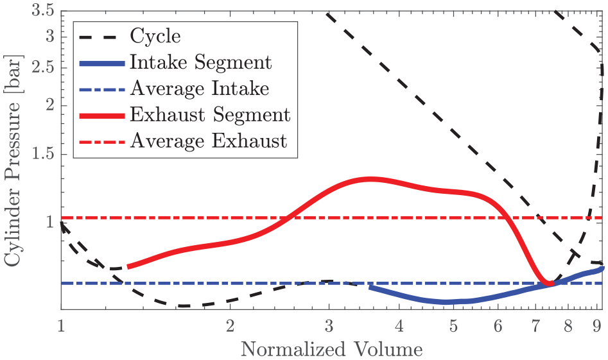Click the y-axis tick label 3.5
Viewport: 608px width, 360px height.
point(42,10)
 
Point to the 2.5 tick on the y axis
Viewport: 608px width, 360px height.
point(42,68)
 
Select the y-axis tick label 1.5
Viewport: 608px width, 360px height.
point(42,154)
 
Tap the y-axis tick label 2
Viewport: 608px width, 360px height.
point(50,105)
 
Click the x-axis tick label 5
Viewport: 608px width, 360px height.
point(453,326)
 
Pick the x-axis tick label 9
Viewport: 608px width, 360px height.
point(596,326)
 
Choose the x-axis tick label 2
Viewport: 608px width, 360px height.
point(230,326)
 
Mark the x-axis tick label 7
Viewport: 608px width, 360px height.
point(535,326)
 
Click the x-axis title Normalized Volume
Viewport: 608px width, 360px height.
point(331,349)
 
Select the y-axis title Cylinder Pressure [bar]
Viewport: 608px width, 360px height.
point(12,160)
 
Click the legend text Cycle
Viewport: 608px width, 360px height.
point(155,37)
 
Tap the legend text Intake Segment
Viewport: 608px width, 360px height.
point(200,62)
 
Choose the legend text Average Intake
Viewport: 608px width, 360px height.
point(199,89)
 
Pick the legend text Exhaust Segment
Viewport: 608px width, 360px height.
point(210,115)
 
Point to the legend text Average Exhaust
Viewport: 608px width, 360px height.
point(208,141)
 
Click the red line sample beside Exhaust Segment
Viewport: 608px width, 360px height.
point(102,116)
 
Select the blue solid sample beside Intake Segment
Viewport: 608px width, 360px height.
point(102,63)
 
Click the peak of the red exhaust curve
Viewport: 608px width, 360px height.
point(370,179)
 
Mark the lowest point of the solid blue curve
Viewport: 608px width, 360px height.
point(446,302)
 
